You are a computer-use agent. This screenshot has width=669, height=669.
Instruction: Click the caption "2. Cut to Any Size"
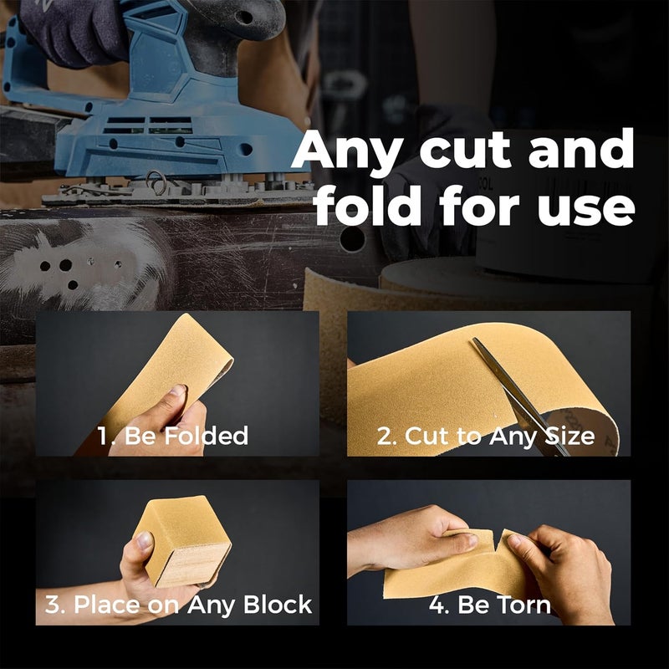[x=485, y=436]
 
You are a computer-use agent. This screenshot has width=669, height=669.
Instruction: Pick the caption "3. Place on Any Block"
[x=178, y=604]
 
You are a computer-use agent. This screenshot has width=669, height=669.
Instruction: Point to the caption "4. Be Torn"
[x=489, y=605]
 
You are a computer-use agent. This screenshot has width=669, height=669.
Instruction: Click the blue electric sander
[x=167, y=109]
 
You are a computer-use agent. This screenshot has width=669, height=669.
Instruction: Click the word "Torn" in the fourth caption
[x=522, y=605]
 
